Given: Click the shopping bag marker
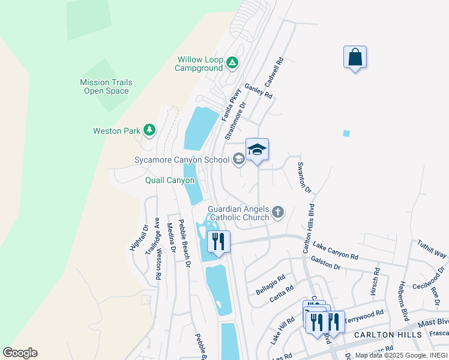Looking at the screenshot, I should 355,58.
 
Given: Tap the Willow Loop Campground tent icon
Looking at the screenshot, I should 232,62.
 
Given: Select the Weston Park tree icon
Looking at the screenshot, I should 149,130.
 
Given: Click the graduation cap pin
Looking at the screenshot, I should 257,150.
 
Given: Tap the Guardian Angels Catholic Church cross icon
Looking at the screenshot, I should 277,211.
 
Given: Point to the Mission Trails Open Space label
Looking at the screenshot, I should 106,87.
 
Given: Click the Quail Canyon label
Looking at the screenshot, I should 170,180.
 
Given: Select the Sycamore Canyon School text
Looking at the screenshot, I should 181,160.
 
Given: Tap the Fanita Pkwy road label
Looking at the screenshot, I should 231,105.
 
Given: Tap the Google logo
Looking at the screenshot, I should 20,353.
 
